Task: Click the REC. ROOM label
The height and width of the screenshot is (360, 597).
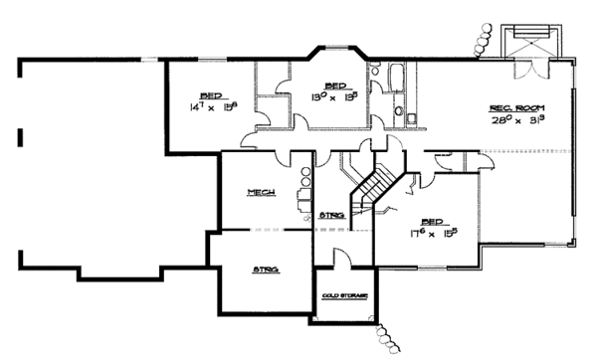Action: pos(514,106)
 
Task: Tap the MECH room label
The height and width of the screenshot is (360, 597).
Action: pos(263,193)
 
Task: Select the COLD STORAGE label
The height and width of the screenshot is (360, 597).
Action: pos(344,296)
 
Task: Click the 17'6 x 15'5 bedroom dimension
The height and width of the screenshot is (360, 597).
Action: pos(433,235)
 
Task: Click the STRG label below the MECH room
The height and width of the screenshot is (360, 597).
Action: pos(264,269)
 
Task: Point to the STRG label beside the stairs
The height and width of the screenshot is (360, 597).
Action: pos(332,214)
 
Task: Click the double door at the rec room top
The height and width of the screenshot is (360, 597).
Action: pos(528,66)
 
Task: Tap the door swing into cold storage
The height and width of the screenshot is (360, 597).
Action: pos(340,258)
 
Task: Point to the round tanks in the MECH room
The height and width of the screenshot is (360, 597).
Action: pos(303,180)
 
